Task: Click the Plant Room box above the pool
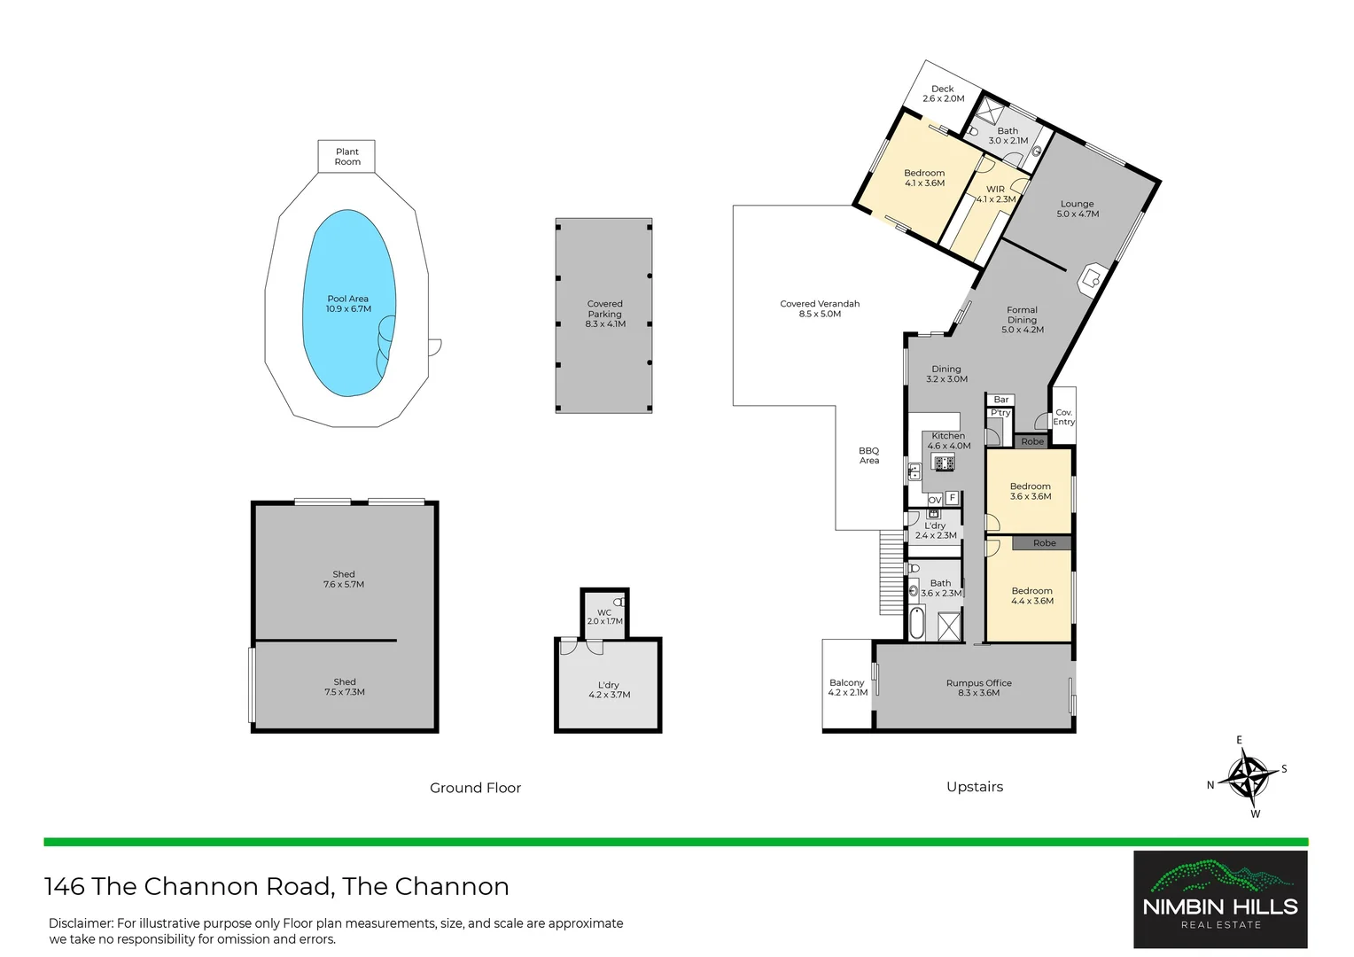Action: tap(346, 157)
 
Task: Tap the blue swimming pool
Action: tap(348, 304)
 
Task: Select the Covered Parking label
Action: tap(605, 315)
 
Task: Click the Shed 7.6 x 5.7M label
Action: tap(344, 580)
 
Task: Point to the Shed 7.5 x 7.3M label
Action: tap(345, 687)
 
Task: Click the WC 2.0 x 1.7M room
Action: tap(604, 616)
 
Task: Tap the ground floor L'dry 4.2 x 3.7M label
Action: tap(609, 690)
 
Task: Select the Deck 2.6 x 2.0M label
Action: tap(943, 94)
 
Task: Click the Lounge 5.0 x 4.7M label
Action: tap(1078, 209)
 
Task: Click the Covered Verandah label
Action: tap(820, 308)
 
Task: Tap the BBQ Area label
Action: tap(869, 455)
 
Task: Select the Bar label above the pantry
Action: tap(1001, 400)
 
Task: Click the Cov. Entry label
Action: tap(1064, 417)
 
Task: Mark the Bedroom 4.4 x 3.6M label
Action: tap(1031, 595)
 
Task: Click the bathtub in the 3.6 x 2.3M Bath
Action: tap(917, 622)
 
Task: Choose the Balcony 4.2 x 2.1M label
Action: tap(847, 688)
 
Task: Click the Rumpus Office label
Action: tap(978, 688)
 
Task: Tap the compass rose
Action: tap(1248, 777)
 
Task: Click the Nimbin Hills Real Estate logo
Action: tap(1220, 899)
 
